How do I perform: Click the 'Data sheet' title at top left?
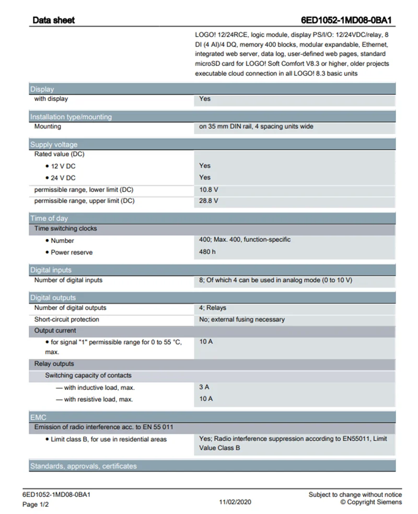click(x=53, y=20)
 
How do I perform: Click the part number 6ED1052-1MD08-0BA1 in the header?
click(x=346, y=20)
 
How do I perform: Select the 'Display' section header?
click(x=42, y=89)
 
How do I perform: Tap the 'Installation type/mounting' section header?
click(x=71, y=117)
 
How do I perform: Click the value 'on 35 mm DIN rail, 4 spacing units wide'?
click(x=256, y=127)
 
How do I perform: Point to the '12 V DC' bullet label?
click(x=63, y=166)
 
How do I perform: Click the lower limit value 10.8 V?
click(x=208, y=189)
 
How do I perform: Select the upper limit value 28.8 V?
click(x=208, y=201)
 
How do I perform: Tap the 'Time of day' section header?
click(x=49, y=218)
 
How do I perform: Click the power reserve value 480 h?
click(x=207, y=252)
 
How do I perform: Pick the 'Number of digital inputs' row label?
click(x=68, y=280)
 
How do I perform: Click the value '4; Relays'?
click(x=213, y=308)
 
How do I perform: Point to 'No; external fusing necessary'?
click(x=242, y=319)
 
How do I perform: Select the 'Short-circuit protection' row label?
click(x=67, y=319)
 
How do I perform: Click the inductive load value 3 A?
click(x=204, y=387)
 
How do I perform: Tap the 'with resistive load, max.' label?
click(x=98, y=399)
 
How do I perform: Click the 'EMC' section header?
click(x=38, y=417)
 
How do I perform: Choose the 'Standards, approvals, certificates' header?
click(x=84, y=466)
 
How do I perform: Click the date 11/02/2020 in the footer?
click(x=235, y=501)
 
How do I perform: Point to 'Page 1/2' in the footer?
click(x=36, y=505)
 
